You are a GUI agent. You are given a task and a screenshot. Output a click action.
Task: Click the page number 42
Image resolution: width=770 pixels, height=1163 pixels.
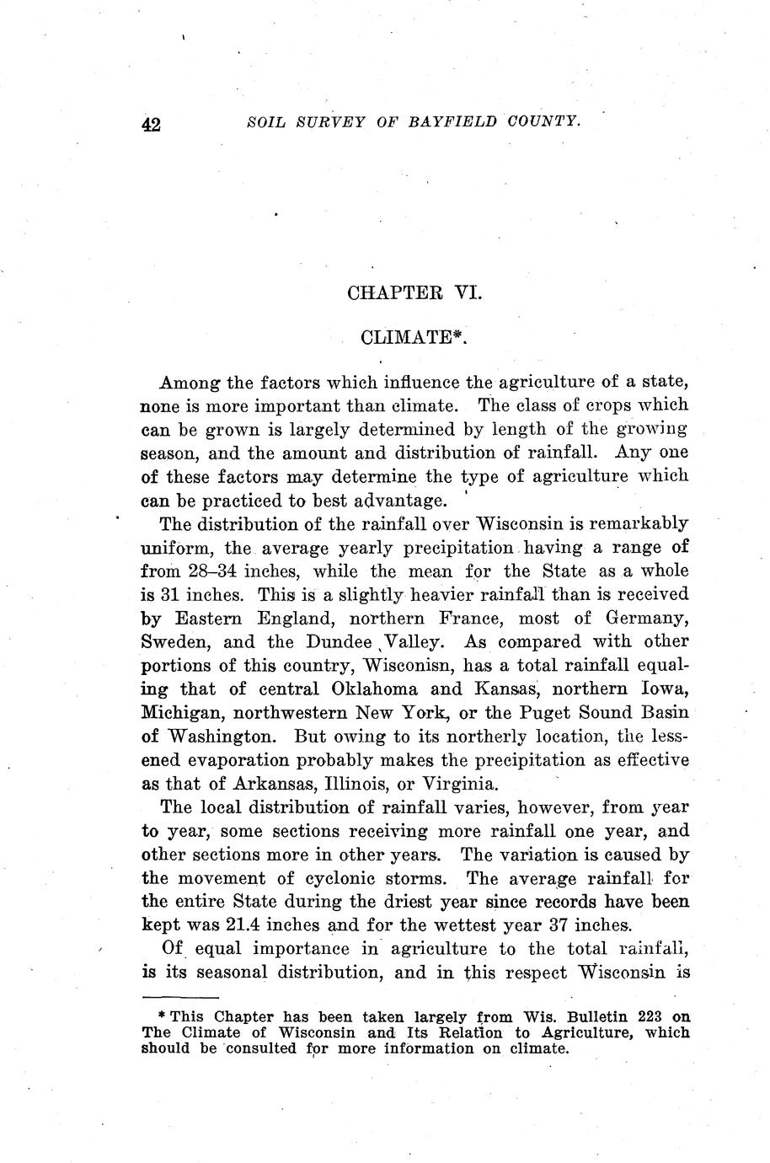click(x=152, y=125)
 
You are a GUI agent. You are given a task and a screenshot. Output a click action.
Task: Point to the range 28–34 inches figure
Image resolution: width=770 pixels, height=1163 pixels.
click(x=210, y=571)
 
